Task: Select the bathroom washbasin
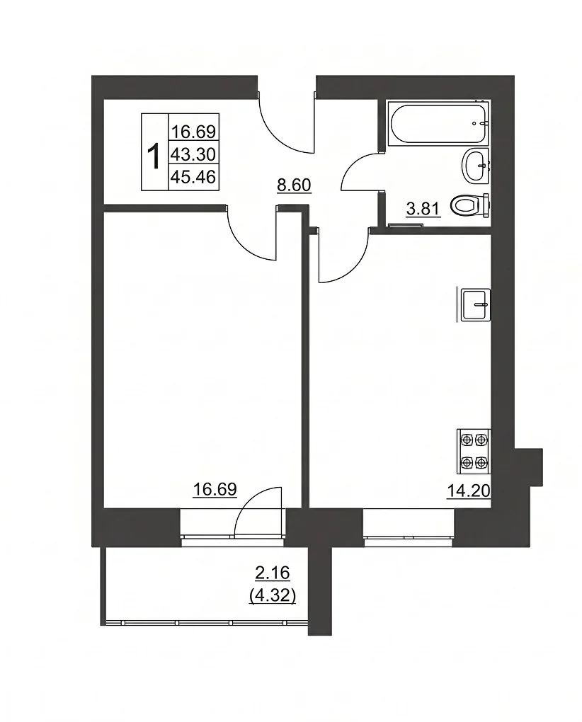coord(474,166)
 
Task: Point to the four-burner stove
coord(474,452)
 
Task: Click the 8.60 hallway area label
coord(294,185)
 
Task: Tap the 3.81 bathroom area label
coord(423,209)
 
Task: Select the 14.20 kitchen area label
coord(469,491)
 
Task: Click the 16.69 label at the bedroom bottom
coord(215,489)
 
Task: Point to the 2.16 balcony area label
coord(272,573)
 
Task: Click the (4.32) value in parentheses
coord(272,596)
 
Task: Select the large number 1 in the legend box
coord(154,156)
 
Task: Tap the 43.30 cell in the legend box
coord(193,154)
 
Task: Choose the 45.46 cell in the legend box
coord(193,177)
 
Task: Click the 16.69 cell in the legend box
coord(193,132)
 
